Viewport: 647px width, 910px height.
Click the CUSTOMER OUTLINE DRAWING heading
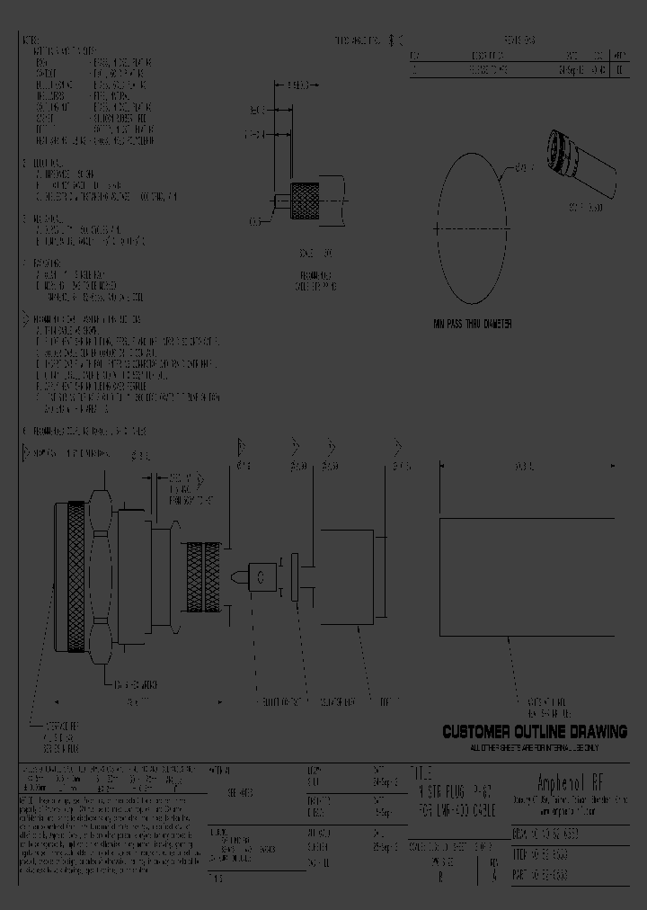tap(534, 732)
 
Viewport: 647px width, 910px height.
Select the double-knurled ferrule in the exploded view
tap(204, 575)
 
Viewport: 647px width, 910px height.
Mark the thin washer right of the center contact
tap(294, 575)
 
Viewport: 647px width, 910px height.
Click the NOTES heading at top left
tap(31, 41)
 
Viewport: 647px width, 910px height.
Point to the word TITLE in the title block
tap(421, 772)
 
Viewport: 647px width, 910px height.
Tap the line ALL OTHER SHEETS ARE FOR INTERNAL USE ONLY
tap(534, 747)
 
